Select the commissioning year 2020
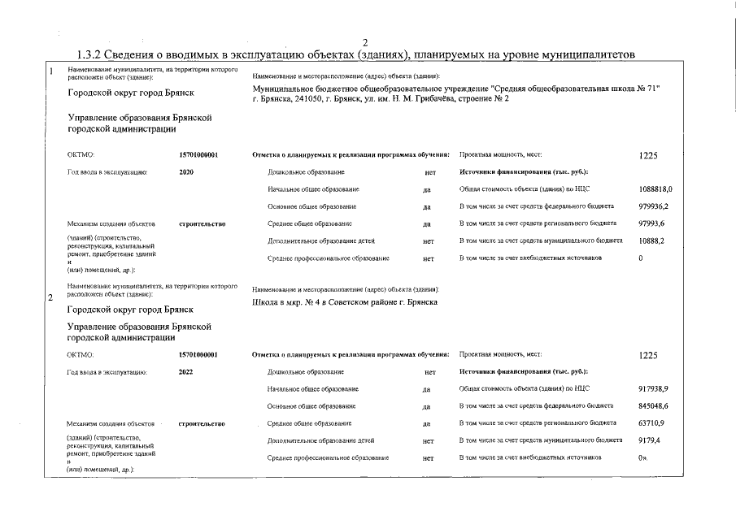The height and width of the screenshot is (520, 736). click(x=186, y=172)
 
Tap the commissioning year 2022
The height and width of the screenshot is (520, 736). click(x=186, y=371)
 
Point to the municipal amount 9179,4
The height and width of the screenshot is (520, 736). click(x=650, y=440)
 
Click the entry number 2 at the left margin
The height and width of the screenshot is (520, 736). click(x=51, y=298)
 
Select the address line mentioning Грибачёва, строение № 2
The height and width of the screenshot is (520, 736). click(x=381, y=98)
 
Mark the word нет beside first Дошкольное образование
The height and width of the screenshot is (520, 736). click(x=430, y=172)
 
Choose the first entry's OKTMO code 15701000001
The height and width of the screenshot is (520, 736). click(x=199, y=154)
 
